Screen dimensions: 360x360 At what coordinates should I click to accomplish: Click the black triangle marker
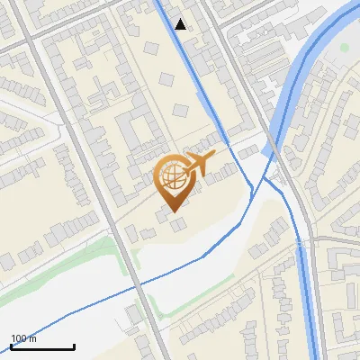click(x=181, y=24)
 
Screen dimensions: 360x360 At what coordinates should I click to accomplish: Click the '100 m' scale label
click(x=23, y=338)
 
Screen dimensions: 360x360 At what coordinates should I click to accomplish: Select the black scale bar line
click(x=42, y=346)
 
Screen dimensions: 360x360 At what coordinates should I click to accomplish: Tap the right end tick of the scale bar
click(x=74, y=345)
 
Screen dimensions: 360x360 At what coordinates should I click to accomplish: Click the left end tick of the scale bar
click(x=11, y=345)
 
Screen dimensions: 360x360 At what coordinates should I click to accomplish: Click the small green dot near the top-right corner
click(x=343, y=48)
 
